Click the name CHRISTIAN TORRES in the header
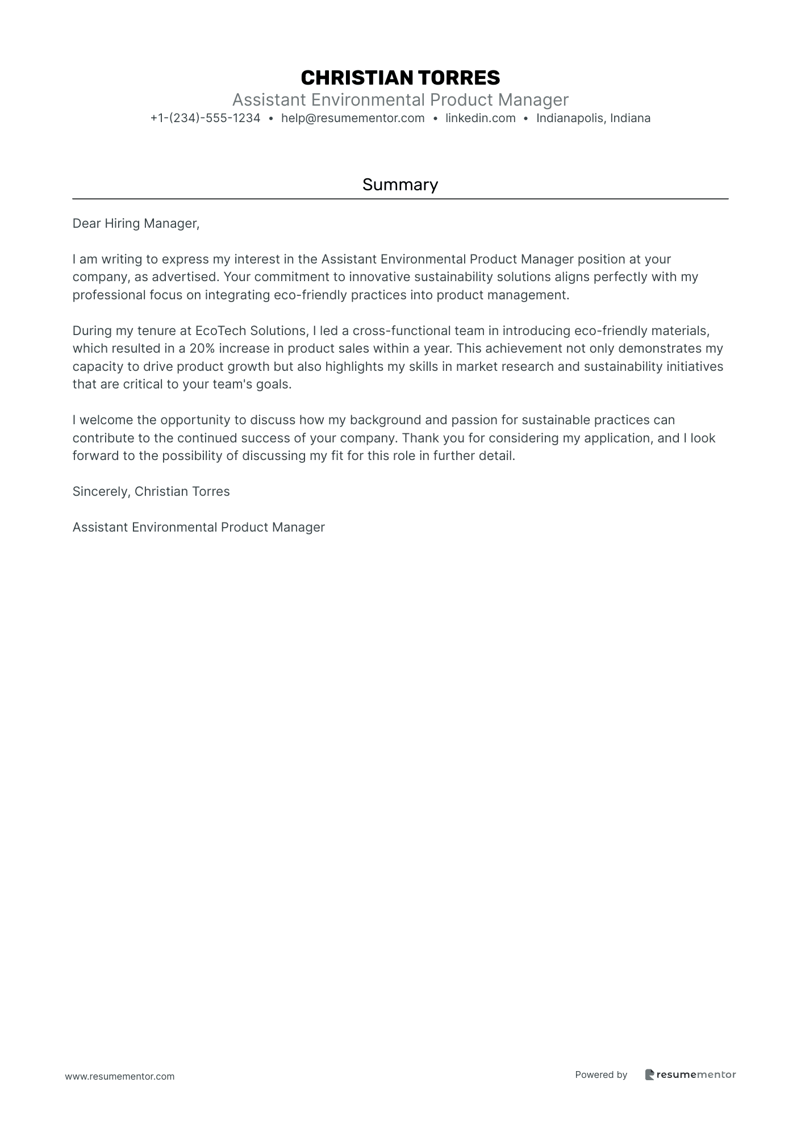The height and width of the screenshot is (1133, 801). [400, 78]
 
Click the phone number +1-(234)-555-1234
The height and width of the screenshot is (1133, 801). [205, 118]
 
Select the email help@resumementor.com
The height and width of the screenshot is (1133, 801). [353, 118]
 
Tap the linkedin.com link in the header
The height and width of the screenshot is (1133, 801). [480, 118]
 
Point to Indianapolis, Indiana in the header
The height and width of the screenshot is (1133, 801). [593, 118]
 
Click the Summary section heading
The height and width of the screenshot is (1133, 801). [400, 185]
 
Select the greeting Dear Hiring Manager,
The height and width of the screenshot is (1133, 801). [136, 223]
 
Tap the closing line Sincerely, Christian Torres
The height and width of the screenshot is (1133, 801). [151, 491]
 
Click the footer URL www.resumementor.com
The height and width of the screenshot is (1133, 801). [120, 1076]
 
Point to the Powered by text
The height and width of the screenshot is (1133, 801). [601, 1075]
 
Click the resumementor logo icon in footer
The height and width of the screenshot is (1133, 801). [650, 1075]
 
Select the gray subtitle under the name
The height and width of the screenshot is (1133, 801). [400, 100]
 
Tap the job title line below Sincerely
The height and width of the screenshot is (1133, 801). [198, 527]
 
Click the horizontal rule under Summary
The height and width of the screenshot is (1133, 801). [400, 199]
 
